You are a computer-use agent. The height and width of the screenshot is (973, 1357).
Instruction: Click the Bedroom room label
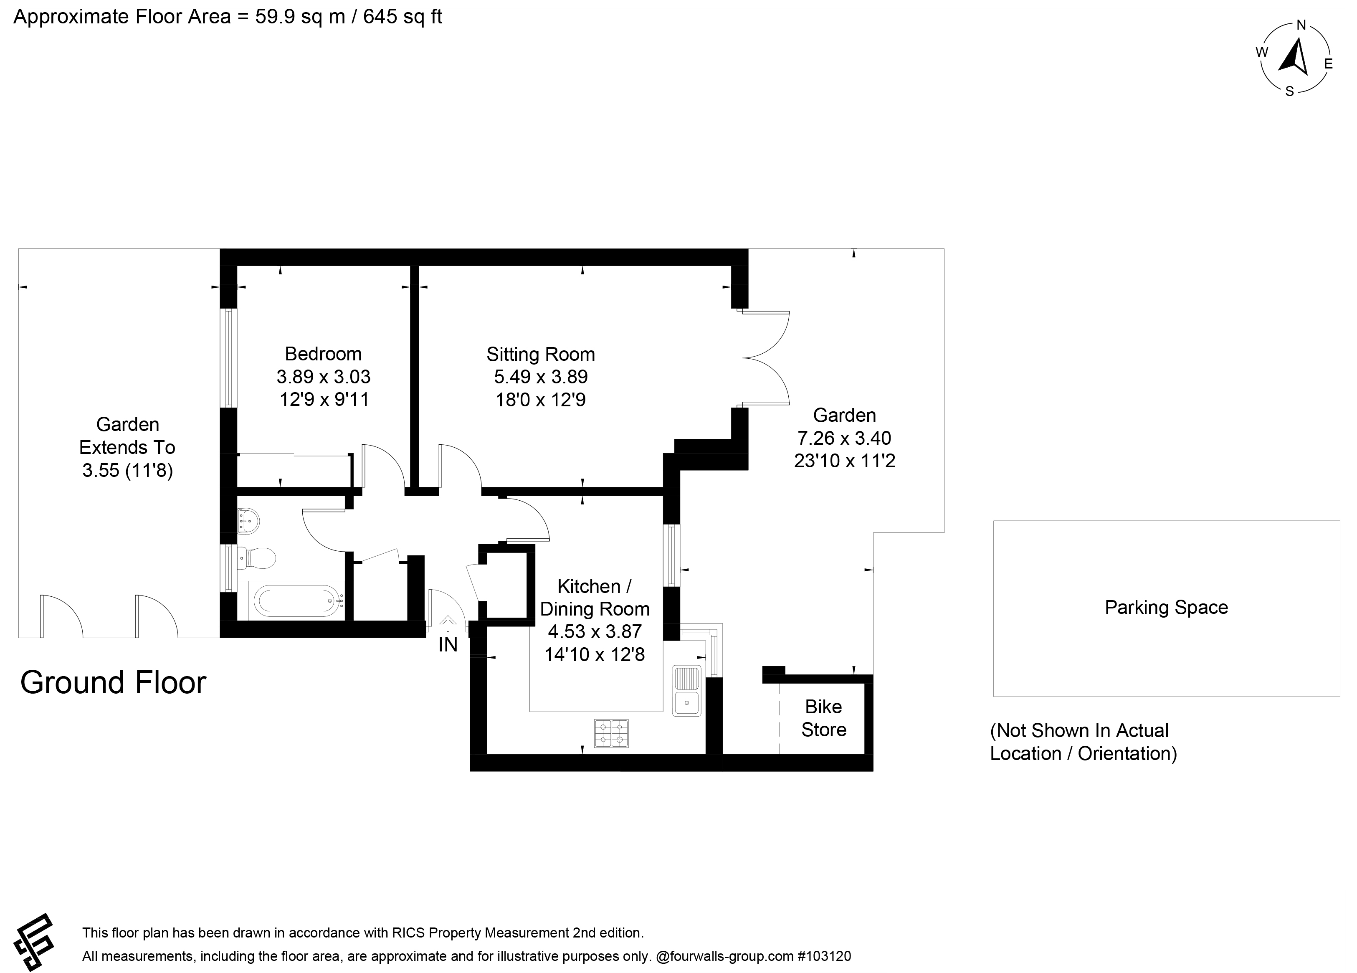coord(323,354)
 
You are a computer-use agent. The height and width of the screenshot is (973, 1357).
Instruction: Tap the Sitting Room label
coord(540,354)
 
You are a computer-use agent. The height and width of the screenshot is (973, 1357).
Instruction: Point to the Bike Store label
coord(824,718)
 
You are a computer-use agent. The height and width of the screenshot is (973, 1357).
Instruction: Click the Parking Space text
coord(1166,607)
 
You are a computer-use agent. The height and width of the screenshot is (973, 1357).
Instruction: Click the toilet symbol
coord(257,558)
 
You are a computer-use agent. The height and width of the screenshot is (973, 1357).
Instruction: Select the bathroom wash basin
coord(248,521)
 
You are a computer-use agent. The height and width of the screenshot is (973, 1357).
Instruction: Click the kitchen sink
coord(687,691)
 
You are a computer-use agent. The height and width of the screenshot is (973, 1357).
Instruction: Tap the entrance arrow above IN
coord(448,623)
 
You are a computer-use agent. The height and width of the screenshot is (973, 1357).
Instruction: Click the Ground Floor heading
coord(113,682)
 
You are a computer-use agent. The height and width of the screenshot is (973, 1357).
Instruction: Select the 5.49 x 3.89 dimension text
coord(541,377)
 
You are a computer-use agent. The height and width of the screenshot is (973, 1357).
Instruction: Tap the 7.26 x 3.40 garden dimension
coord(844,438)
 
